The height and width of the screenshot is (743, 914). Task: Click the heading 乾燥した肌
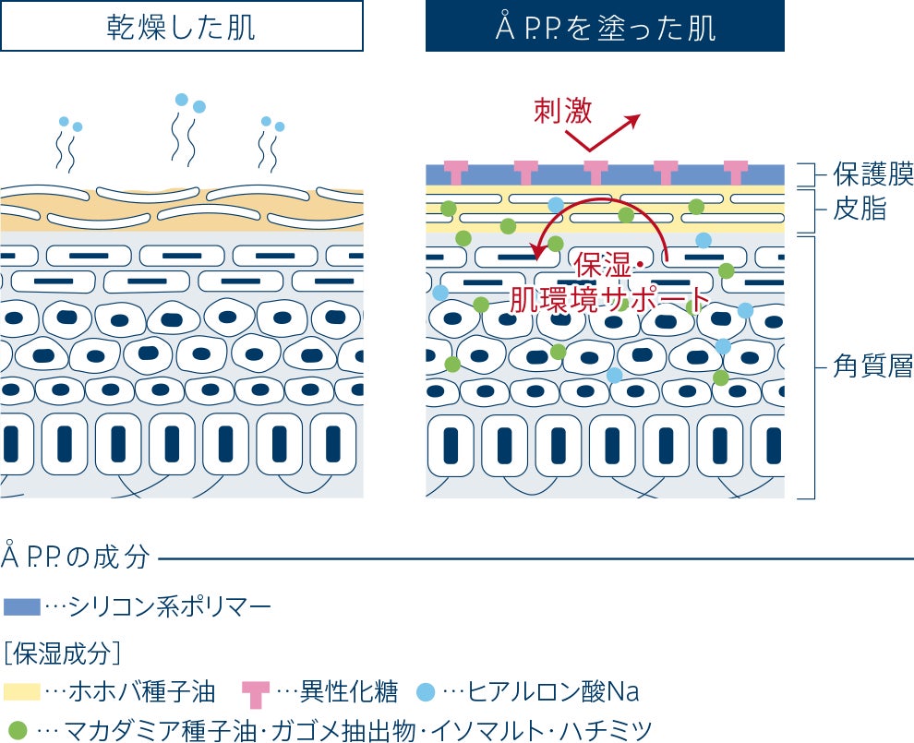point(181,27)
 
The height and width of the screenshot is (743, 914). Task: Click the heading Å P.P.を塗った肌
point(605,27)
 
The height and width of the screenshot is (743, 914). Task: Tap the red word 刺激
point(563,111)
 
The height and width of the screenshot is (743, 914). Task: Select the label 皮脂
point(859,210)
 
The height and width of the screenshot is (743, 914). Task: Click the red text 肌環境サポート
point(609,298)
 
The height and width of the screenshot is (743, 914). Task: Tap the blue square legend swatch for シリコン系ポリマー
point(22,606)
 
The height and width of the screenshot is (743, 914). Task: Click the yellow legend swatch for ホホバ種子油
point(22,691)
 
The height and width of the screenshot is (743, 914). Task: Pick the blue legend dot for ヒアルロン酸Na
point(426,690)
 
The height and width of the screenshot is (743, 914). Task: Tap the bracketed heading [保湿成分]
point(62,653)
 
